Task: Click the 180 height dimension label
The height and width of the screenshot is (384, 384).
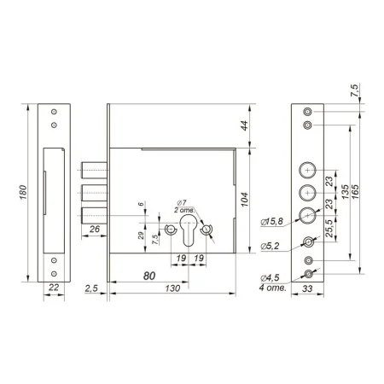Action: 23,192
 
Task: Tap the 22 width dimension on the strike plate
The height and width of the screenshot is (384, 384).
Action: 54,288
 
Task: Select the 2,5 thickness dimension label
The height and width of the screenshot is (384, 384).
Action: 91,288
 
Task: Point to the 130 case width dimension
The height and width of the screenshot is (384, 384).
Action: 172,288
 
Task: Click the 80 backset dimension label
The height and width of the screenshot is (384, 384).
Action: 149,276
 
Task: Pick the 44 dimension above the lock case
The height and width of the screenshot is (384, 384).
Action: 244,125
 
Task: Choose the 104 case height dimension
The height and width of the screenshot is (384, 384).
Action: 244,200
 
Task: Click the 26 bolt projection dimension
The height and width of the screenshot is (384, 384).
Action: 95,229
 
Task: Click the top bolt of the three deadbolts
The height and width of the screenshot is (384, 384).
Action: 95,170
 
